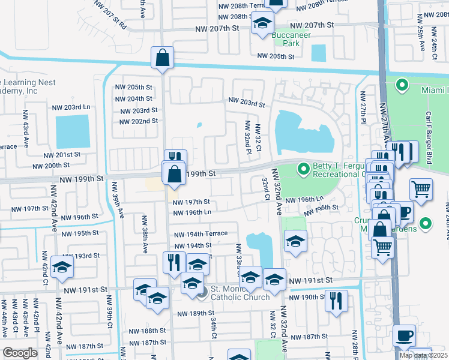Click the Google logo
20,353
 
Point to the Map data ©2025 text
423,355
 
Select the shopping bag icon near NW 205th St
162,58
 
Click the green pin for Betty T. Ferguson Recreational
304,169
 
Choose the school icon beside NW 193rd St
61,268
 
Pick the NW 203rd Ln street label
70,107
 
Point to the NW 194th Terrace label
200,233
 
